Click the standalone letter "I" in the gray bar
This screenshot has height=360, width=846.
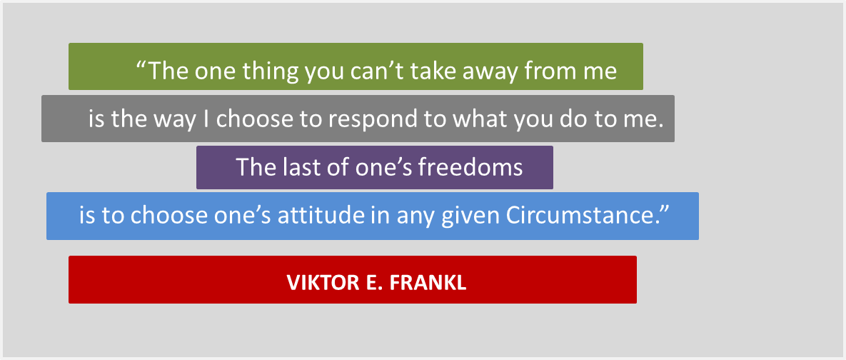point(206,119)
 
